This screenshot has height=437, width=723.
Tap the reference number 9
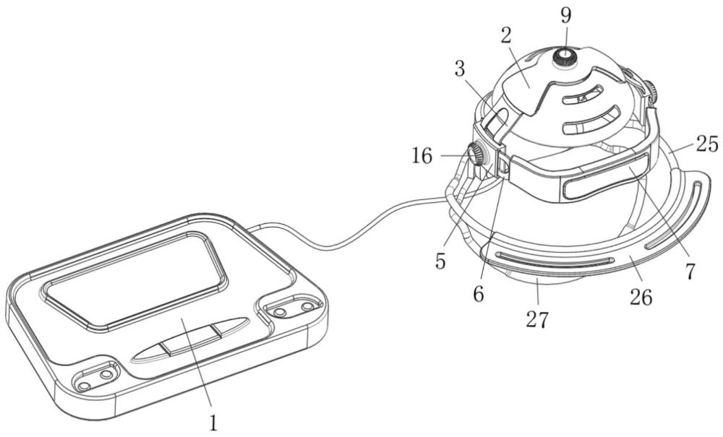click(566, 12)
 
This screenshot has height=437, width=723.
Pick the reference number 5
click(441, 261)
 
